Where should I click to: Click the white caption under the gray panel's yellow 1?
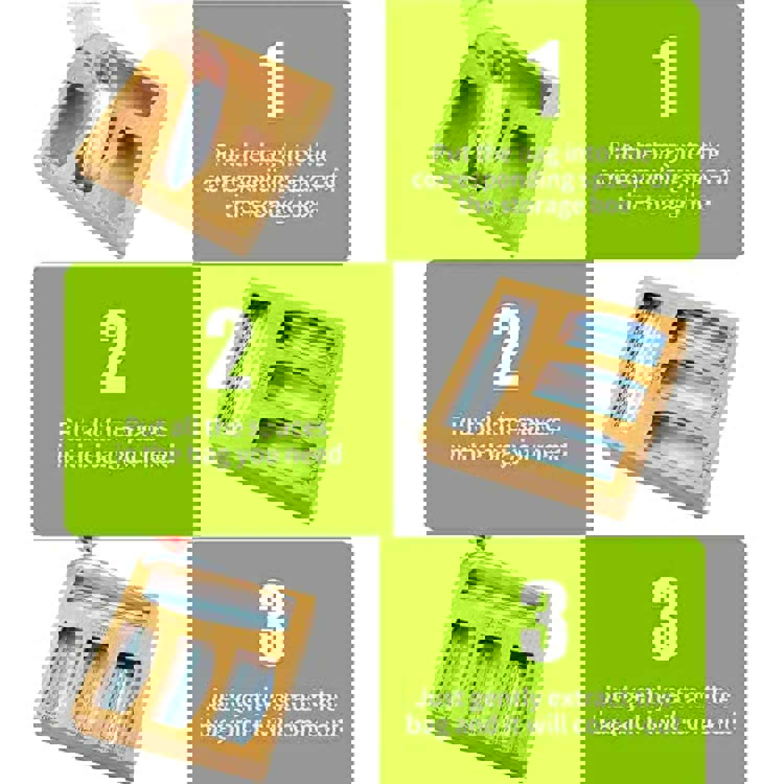[271, 180]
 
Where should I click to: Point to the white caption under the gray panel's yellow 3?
[271, 713]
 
